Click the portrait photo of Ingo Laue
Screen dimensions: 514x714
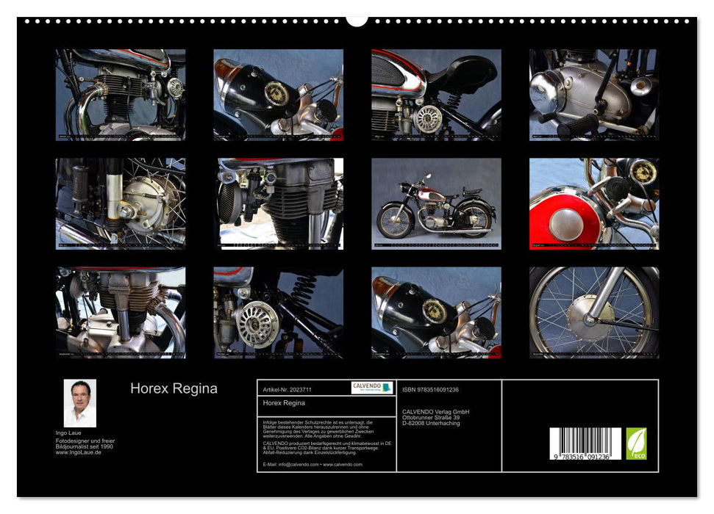tap(79, 403)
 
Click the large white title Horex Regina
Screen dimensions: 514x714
tap(174, 388)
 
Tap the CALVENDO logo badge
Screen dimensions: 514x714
tap(371, 388)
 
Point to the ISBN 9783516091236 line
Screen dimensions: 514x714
tap(430, 389)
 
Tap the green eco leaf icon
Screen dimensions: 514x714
tap(636, 444)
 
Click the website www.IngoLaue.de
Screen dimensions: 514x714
tap(79, 452)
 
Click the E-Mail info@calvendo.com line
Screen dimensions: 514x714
tap(313, 464)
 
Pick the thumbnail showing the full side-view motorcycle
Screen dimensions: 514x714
tap(436, 203)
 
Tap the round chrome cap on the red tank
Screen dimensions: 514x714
tap(565, 225)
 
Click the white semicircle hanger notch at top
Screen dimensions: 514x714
tap(357, 20)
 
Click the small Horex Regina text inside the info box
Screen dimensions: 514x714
tap(284, 403)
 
